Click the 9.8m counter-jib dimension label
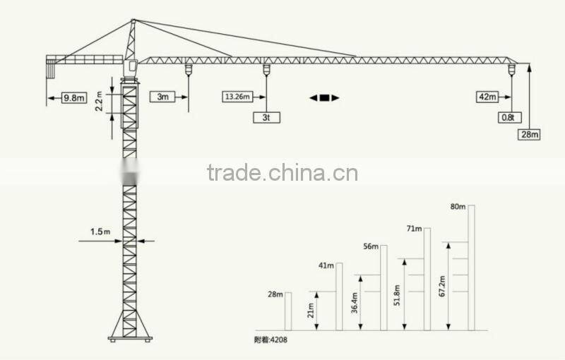click(73, 97)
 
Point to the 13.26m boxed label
click(237, 97)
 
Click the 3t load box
click(266, 118)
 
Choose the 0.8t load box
click(507, 118)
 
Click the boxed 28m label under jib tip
click(529, 134)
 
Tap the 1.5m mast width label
click(100, 231)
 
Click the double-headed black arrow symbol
click(324, 98)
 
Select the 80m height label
click(458, 207)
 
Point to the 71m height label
click(414, 229)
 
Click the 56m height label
click(371, 246)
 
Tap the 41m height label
click(326, 265)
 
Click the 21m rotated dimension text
click(311, 310)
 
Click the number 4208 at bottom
click(278, 340)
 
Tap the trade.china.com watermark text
click(282, 173)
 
